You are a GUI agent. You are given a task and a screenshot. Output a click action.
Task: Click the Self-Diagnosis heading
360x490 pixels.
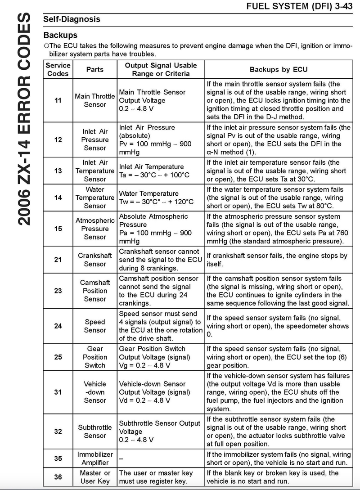click(72, 19)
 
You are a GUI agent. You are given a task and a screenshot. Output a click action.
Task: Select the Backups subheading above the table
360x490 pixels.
click(60, 35)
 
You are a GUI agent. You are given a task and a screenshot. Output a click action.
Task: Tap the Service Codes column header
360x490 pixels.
click(58, 69)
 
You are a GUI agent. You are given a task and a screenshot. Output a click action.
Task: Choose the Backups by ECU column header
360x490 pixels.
click(279, 70)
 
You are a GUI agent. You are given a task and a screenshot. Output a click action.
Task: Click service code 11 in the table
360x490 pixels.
click(58, 100)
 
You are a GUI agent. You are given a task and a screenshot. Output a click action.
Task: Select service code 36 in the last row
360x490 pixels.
click(58, 477)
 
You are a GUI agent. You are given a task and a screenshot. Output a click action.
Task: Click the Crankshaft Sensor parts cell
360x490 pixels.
click(95, 260)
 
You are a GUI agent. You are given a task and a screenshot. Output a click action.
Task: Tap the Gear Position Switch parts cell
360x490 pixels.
click(95, 357)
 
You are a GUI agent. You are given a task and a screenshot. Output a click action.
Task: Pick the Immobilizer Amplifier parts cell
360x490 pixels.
click(95, 459)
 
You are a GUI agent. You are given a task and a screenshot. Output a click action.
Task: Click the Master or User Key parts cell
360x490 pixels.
click(95, 477)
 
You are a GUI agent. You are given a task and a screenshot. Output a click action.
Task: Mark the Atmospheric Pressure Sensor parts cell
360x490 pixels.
click(95, 229)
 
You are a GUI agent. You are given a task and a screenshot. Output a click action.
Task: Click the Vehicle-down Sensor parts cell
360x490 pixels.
click(95, 392)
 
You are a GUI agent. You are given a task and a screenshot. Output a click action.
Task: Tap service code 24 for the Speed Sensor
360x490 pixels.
click(58, 326)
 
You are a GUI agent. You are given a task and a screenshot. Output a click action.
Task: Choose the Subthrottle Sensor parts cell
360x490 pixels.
click(95, 431)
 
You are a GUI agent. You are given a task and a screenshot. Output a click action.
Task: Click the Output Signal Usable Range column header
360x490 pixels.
click(161, 69)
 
